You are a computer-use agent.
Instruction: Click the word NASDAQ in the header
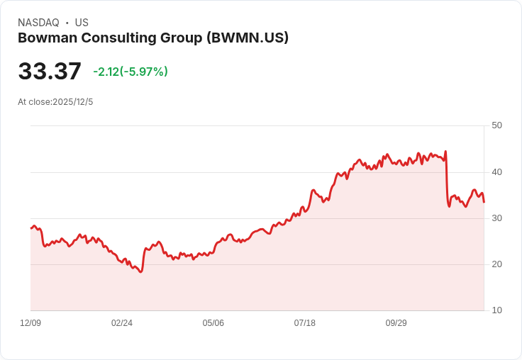pos(38,23)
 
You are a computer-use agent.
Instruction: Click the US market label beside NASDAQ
pos(82,23)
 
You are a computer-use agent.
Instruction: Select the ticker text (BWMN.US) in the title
pos(247,38)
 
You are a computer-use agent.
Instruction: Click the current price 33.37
pos(50,72)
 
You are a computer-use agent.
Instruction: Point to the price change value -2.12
pos(105,72)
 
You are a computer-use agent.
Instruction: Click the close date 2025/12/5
pos(72,102)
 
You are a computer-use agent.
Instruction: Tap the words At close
pos(34,102)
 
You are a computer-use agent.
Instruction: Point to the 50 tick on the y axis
pos(496,125)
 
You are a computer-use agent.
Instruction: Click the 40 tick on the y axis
pos(496,172)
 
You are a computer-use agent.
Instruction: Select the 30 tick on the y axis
pos(496,218)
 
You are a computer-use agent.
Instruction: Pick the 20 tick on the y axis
pos(496,264)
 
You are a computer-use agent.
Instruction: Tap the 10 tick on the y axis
pos(496,310)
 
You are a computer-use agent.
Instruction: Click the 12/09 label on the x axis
pos(30,323)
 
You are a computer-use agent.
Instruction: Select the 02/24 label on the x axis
pos(122,323)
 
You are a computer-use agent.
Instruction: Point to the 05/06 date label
pos(213,323)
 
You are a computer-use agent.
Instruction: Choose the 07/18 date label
pos(305,323)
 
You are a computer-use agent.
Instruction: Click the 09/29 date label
pos(396,323)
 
